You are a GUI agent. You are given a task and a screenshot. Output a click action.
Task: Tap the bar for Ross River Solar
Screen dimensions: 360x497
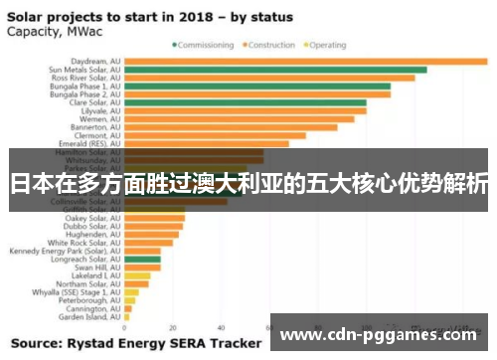click(269, 78)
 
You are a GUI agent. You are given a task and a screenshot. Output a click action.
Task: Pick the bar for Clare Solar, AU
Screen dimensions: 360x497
click(245, 102)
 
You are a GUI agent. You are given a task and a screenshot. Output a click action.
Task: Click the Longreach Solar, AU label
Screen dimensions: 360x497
click(84, 260)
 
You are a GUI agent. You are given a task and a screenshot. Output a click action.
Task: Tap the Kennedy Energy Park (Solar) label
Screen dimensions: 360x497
click(65, 251)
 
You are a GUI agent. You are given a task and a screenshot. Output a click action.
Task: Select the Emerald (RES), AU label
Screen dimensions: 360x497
click(86, 143)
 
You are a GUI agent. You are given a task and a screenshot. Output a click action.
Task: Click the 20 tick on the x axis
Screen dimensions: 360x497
click(173, 327)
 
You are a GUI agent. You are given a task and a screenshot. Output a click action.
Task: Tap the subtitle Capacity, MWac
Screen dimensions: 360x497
click(47, 30)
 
